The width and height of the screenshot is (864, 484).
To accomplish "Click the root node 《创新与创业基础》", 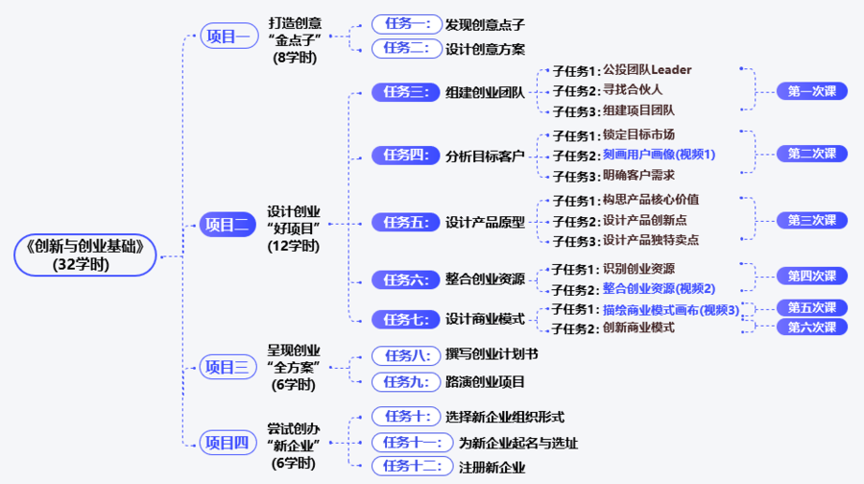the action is pos(85,255).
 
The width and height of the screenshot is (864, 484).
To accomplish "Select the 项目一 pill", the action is pos(229,36).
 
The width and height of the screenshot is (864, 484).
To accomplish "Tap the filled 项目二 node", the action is pos(228,225).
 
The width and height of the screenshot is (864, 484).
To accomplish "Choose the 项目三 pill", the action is pos(228,367).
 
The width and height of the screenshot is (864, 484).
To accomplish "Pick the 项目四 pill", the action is pos(228,443).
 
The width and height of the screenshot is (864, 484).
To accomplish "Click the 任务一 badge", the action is pos(407,24).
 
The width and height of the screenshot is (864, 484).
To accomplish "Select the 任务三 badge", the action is pos(405,92).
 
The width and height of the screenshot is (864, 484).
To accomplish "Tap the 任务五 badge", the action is pos(405,222).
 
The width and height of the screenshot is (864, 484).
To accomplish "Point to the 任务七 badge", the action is pos(405,319).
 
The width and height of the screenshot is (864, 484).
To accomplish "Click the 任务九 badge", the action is pos(406,381).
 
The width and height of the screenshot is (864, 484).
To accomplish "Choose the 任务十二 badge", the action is pos(412,467).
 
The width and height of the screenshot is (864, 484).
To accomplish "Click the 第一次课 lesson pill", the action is pos(811,91).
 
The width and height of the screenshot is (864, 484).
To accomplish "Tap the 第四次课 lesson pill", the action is pos(811,276).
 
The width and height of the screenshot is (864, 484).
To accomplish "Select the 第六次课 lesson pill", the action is pos(811,327).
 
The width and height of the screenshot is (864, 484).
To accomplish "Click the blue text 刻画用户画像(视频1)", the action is pos(659,155).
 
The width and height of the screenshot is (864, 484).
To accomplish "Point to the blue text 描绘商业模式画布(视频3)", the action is pos(671,310).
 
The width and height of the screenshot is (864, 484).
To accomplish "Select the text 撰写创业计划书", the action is pos(492,354).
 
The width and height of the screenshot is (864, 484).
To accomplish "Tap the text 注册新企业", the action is pos(492,468).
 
